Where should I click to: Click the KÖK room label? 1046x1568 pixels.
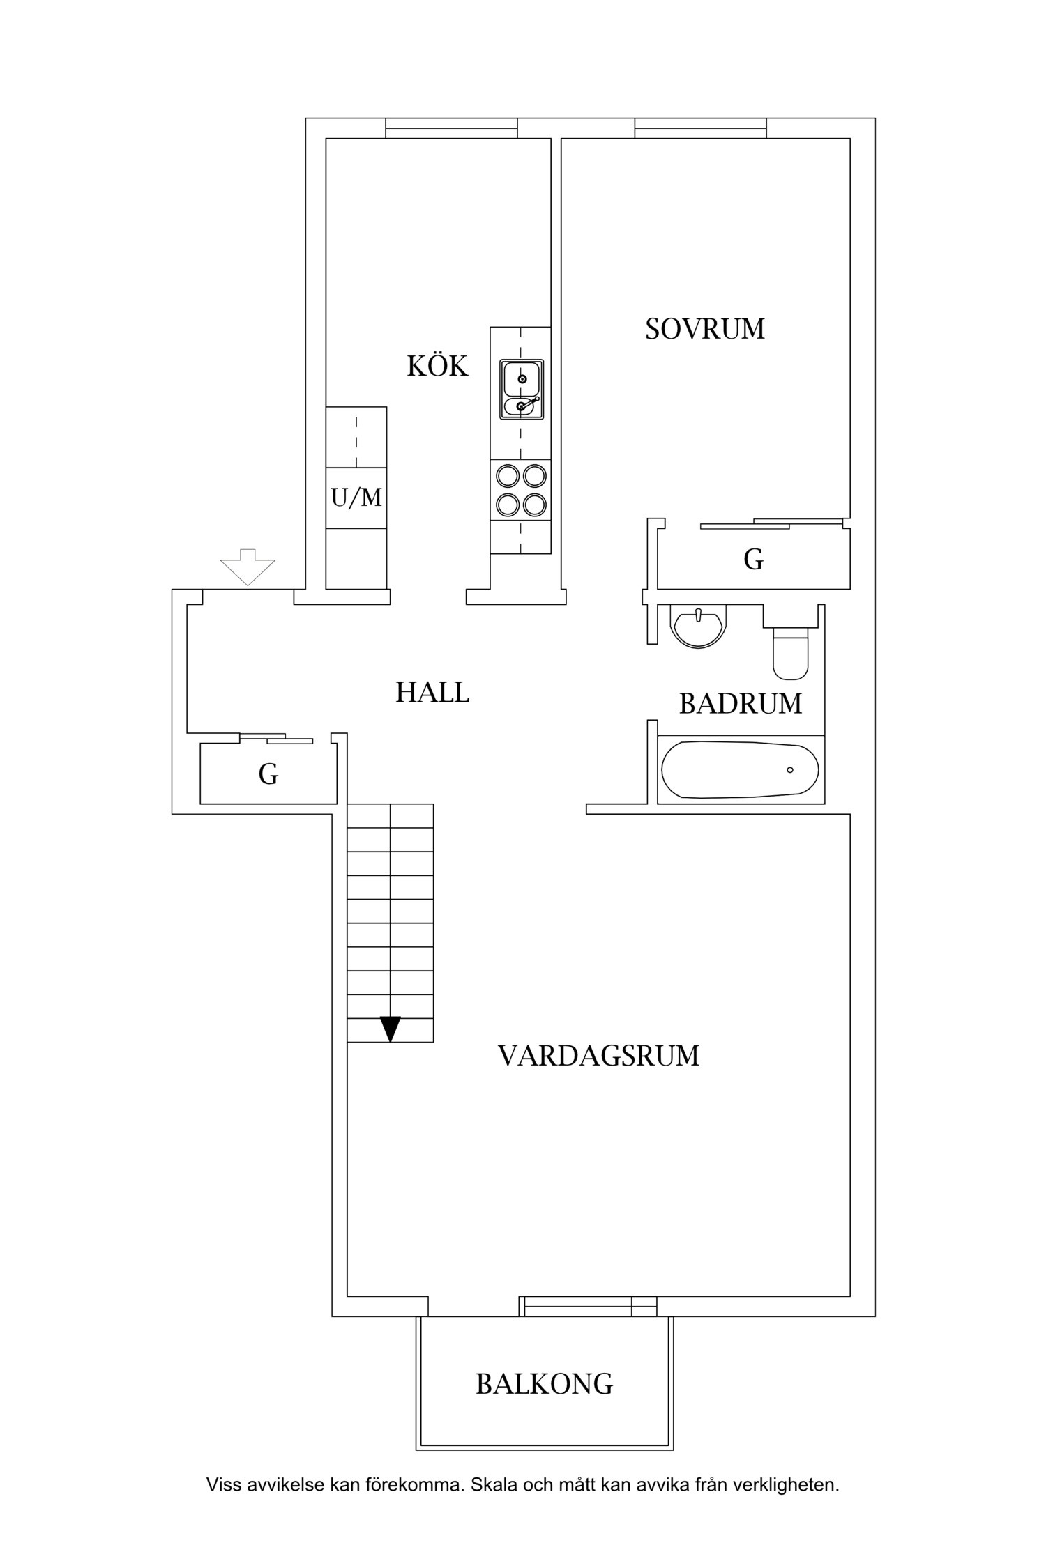click(437, 366)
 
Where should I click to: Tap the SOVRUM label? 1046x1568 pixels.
click(704, 329)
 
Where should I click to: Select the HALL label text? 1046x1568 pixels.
click(432, 693)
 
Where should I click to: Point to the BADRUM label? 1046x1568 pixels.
click(741, 704)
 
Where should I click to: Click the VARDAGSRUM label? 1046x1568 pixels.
click(598, 1056)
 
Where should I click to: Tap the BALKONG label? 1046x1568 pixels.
click(544, 1383)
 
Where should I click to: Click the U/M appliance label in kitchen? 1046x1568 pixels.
click(356, 498)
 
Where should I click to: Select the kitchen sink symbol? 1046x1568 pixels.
click(521, 390)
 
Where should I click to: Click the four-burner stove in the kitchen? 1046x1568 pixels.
click(520, 490)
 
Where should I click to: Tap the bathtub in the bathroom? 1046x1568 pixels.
click(740, 769)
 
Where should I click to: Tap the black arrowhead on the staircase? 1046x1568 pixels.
click(391, 1029)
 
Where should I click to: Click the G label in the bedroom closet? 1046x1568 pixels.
click(753, 559)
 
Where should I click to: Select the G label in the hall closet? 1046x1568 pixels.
click(268, 774)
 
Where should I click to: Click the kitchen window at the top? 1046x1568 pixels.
click(451, 128)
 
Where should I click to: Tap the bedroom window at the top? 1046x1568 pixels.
click(700, 128)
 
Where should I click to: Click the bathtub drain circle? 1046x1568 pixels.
click(789, 770)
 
